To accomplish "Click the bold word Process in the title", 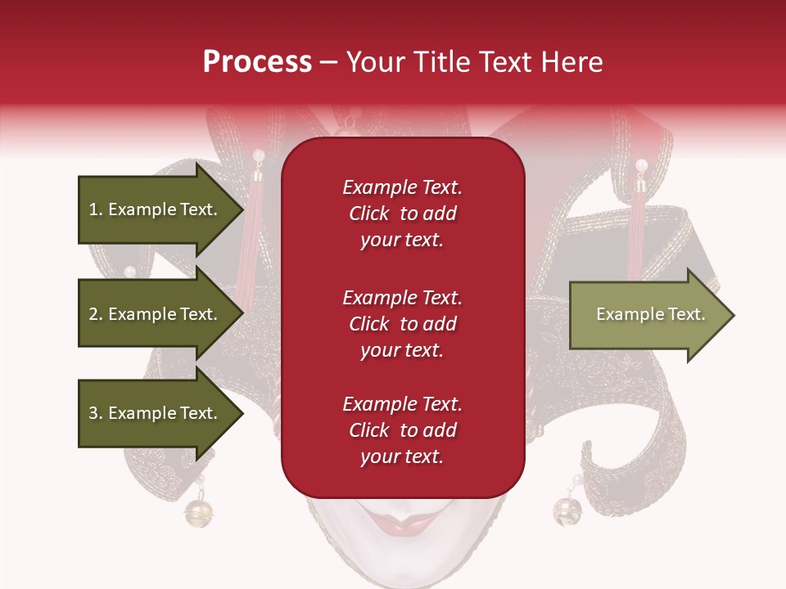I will pos(257,62).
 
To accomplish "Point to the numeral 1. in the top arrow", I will pos(96,209).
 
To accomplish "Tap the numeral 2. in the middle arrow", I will pos(96,314).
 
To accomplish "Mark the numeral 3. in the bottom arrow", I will pos(96,413).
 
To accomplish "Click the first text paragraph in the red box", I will pos(402,214).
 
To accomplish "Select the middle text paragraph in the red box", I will pos(402,324).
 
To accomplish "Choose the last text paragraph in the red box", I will pos(402,430).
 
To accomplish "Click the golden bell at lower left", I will pos(198,512).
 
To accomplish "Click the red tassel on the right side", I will pos(636,237).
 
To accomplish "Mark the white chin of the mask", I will pos(403,560).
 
